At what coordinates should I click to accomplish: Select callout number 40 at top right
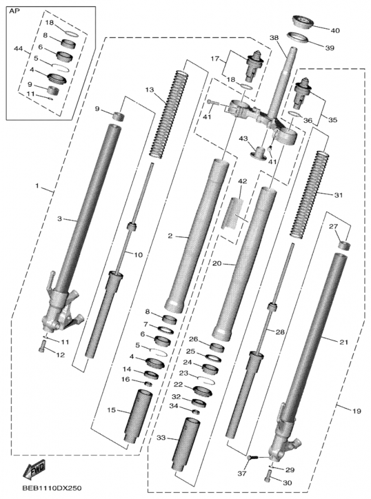tap(335, 31)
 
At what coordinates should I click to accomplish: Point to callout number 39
tap(330, 48)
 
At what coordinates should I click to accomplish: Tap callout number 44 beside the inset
tap(19, 49)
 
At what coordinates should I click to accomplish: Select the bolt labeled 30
tap(269, 476)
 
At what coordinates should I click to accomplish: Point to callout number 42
tap(242, 182)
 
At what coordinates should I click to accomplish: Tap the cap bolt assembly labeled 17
tap(254, 65)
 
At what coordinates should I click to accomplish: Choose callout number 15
tap(111, 410)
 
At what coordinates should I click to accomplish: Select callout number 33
tap(161, 438)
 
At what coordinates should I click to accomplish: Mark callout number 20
tap(217, 263)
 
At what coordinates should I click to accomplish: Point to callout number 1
tap(37, 185)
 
